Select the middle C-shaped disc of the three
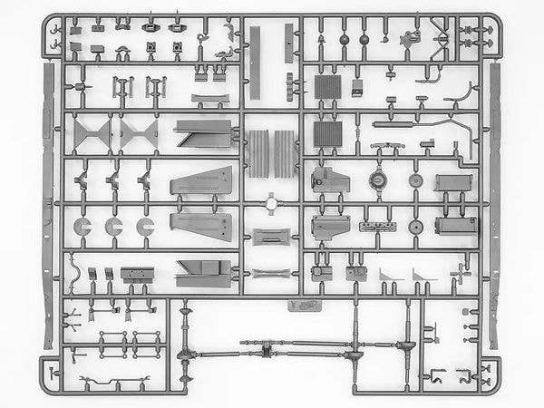tap(114, 228)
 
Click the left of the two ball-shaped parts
tap(345, 40)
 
